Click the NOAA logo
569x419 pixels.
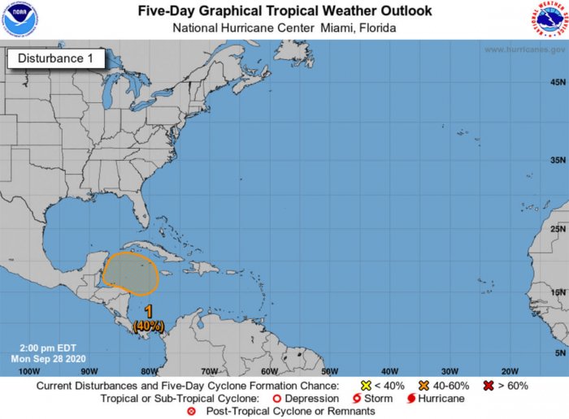[20, 19]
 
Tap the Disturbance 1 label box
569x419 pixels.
[56, 58]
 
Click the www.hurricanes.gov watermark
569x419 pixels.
[525, 50]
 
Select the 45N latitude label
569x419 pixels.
[558, 82]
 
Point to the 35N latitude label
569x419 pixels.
[558, 161]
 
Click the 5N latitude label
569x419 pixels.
[559, 353]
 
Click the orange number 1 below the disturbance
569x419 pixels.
[149, 312]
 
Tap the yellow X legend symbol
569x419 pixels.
[366, 385]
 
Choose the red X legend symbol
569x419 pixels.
[489, 385]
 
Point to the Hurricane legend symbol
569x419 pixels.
[412, 399]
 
